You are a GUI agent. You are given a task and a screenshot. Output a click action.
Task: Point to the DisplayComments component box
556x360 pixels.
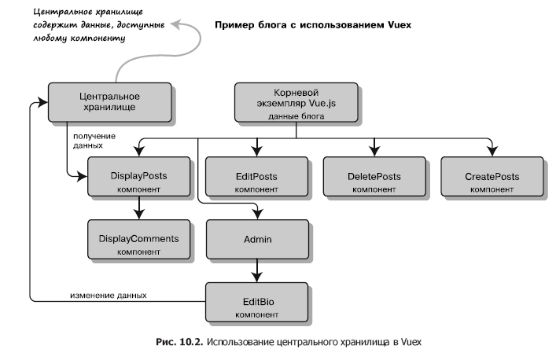pyautogui.click(x=138, y=241)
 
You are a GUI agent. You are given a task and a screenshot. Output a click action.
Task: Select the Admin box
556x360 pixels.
pyautogui.click(x=256, y=237)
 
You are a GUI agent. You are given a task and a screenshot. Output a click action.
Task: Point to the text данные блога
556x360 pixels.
pyautogui.click(x=296, y=116)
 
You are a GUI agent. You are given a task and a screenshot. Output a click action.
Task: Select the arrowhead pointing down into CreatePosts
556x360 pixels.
pyautogui.click(x=492, y=150)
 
